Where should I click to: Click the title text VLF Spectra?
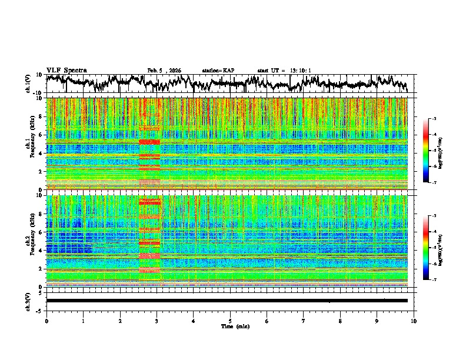point(66,70)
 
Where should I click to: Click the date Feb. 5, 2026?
point(164,71)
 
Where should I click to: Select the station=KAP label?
point(218,71)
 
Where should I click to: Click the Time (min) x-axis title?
point(230,326)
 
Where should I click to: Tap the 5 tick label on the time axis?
point(230,321)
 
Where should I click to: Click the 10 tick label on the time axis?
point(414,321)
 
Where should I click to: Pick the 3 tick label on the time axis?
point(157,321)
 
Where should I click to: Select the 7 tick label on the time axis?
point(304,321)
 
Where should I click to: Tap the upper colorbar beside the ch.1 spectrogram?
point(431,151)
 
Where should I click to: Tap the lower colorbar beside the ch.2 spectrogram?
point(431,248)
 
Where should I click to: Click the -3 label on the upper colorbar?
point(439,119)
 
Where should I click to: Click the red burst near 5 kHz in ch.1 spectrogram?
point(149,142)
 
